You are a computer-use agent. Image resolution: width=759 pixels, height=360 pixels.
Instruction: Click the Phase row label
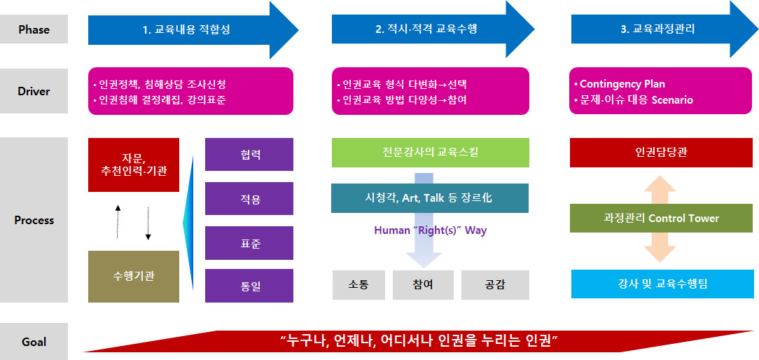pyautogui.click(x=34, y=29)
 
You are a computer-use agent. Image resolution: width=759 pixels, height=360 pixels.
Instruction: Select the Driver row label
pyautogui.click(x=34, y=91)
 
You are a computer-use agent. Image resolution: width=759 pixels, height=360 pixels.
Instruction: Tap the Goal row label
pyautogui.click(x=34, y=342)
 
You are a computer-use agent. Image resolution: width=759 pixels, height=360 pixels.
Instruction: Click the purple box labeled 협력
pyautogui.click(x=249, y=155)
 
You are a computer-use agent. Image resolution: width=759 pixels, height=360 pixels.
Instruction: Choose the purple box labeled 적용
pyautogui.click(x=249, y=199)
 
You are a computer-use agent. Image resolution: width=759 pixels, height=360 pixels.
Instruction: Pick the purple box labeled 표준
pyautogui.click(x=249, y=243)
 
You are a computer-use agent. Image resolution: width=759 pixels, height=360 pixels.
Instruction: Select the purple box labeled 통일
pyautogui.click(x=249, y=286)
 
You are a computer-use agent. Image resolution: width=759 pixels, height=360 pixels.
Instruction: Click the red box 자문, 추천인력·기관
pyautogui.click(x=134, y=165)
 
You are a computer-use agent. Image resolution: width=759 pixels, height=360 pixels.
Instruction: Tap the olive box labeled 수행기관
pyautogui.click(x=134, y=276)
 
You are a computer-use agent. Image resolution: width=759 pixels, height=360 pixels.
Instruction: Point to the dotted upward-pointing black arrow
pyautogui.click(x=118, y=221)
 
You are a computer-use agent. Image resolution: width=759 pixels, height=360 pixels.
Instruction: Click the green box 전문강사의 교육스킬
pyautogui.click(x=431, y=153)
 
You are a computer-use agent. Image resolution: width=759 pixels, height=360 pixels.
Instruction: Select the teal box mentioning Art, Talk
pyautogui.click(x=430, y=198)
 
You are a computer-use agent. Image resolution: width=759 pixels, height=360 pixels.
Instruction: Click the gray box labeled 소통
pyautogui.click(x=358, y=285)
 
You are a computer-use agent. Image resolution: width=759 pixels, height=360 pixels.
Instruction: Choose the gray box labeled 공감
pyautogui.click(x=495, y=285)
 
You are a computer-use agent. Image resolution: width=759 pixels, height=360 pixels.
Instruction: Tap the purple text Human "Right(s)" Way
pyautogui.click(x=431, y=230)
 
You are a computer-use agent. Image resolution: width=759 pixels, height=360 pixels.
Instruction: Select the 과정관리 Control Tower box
pyautogui.click(x=661, y=218)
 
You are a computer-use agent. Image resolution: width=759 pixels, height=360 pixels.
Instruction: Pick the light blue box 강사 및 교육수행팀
pyautogui.click(x=662, y=284)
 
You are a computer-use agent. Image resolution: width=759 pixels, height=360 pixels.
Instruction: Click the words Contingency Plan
pyautogui.click(x=622, y=84)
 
